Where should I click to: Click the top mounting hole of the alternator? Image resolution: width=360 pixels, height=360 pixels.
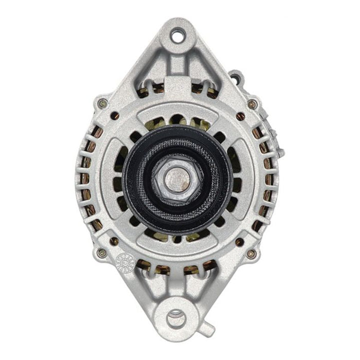[178, 36]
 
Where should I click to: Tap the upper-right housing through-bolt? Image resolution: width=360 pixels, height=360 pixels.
[252, 104]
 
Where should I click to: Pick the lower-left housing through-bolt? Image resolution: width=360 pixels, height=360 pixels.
[102, 253]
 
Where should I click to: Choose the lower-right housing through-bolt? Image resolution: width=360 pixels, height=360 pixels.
[250, 254]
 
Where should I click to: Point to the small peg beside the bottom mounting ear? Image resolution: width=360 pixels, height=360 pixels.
[208, 329]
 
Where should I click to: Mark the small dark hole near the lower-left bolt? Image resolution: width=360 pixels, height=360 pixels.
[114, 241]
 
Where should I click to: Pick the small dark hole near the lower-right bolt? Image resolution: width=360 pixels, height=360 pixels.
[239, 241]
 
